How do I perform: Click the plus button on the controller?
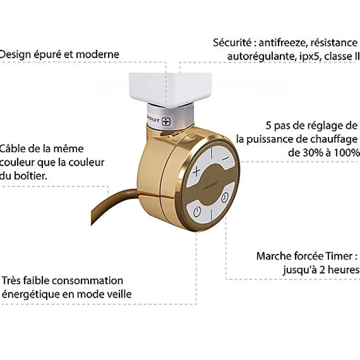196,171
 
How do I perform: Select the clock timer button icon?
225,197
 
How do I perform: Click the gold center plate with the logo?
211,184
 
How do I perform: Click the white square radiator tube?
170,89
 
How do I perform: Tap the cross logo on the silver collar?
166,121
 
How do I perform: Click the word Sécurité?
232,43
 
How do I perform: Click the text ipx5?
310,57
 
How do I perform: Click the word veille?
119,294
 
